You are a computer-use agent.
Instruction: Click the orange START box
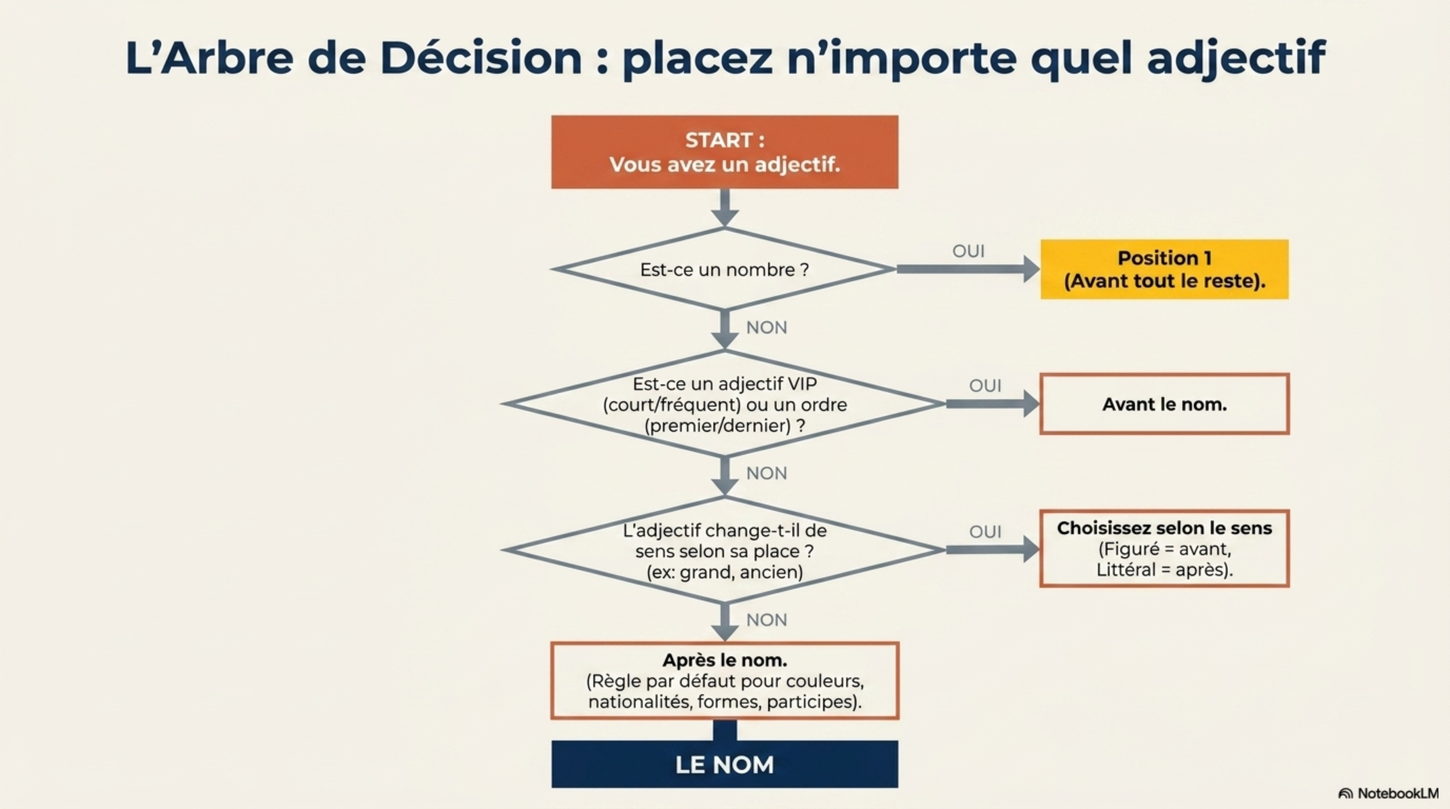724,152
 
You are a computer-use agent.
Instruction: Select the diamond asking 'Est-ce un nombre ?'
724,269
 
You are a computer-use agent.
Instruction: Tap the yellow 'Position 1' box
1164,270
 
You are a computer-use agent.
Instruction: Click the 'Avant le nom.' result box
1164,404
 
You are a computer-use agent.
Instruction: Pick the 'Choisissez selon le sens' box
1164,548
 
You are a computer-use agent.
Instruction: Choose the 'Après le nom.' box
724,680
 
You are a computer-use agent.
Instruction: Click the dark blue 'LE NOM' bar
724,764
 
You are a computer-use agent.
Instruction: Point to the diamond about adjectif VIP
724,404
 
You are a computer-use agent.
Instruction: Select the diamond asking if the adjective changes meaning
724,550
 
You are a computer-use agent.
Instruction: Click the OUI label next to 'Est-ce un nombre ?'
968,251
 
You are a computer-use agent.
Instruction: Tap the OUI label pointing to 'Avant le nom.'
985,386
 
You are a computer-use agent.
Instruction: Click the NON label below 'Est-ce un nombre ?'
766,328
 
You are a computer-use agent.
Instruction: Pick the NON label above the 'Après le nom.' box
766,620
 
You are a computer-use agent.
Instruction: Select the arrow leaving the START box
724,208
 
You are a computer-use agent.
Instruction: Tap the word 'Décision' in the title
481,58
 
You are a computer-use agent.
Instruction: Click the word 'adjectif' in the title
1236,59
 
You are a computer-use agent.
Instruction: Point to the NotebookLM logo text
1398,794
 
